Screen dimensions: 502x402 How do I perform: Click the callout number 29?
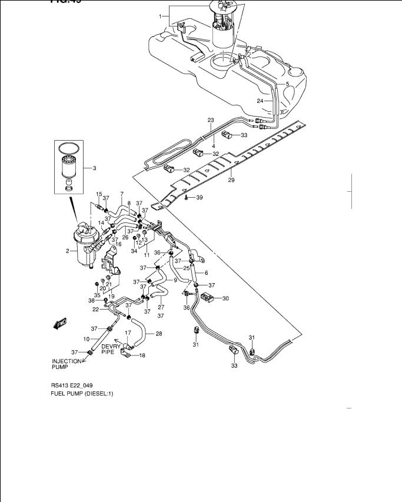[x=231, y=180]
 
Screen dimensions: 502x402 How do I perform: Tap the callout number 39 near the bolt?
[x=199, y=197]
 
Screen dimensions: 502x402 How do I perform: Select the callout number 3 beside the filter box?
[x=94, y=168]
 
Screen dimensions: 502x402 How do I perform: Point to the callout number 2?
[x=68, y=251]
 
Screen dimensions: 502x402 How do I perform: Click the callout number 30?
[x=225, y=299]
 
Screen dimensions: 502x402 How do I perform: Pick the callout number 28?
[x=158, y=334]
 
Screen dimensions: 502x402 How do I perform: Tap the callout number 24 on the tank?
[x=260, y=101]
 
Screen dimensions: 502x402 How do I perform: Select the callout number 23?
[x=210, y=120]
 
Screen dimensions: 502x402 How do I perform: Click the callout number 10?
[x=87, y=340]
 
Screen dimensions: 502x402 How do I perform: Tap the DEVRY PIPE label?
[x=111, y=350]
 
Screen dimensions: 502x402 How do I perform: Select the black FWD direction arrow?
[x=59, y=323]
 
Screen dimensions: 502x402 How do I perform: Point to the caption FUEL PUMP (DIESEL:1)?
[x=81, y=394]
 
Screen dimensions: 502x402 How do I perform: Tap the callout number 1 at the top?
[x=160, y=17]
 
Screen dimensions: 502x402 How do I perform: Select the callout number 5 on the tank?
[x=287, y=84]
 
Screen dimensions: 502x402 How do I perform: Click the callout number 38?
[x=92, y=300]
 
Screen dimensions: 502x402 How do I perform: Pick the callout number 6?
[x=206, y=272]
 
